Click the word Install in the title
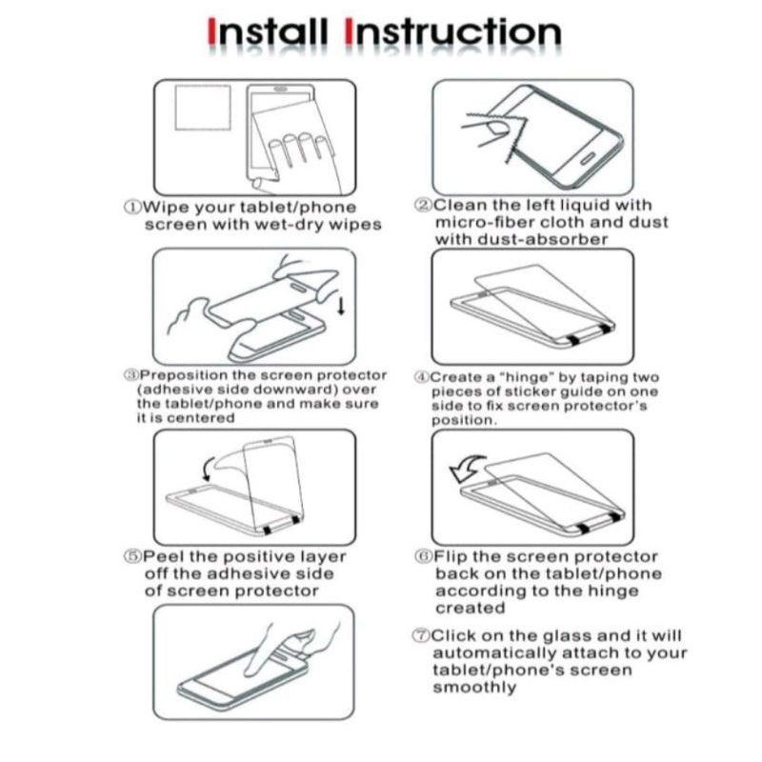(267, 32)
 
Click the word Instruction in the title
(453, 32)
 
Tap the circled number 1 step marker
(131, 207)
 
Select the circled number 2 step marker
(423, 205)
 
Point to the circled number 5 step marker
(132, 556)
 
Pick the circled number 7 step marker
(421, 635)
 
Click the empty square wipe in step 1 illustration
(203, 108)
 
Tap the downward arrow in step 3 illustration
(341, 306)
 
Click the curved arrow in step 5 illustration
(209, 469)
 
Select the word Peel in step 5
(164, 556)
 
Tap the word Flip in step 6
(451, 556)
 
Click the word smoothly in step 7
(474, 688)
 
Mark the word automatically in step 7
(494, 652)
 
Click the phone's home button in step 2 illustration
(588, 159)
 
